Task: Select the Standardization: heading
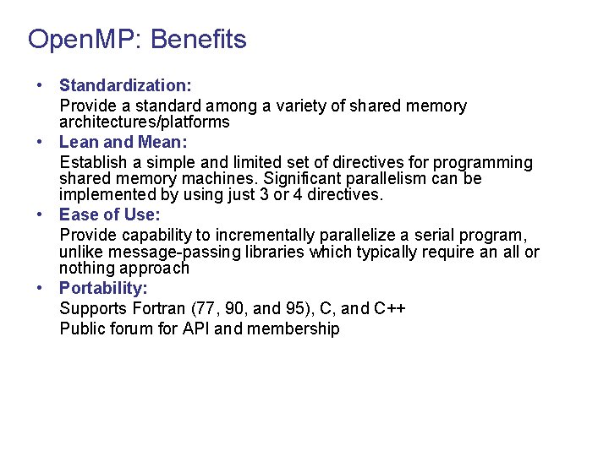pyautogui.click(x=125, y=85)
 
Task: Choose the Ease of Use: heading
pyautogui.click(x=109, y=214)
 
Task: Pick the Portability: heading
pyautogui.click(x=103, y=288)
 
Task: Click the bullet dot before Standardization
pyautogui.click(x=40, y=86)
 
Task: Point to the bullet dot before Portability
pyautogui.click(x=40, y=288)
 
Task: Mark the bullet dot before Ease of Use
pyautogui.click(x=40, y=214)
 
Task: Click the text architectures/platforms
pyautogui.click(x=145, y=122)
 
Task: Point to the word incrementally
pyautogui.click(x=270, y=235)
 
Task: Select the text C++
pyautogui.click(x=390, y=308)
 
